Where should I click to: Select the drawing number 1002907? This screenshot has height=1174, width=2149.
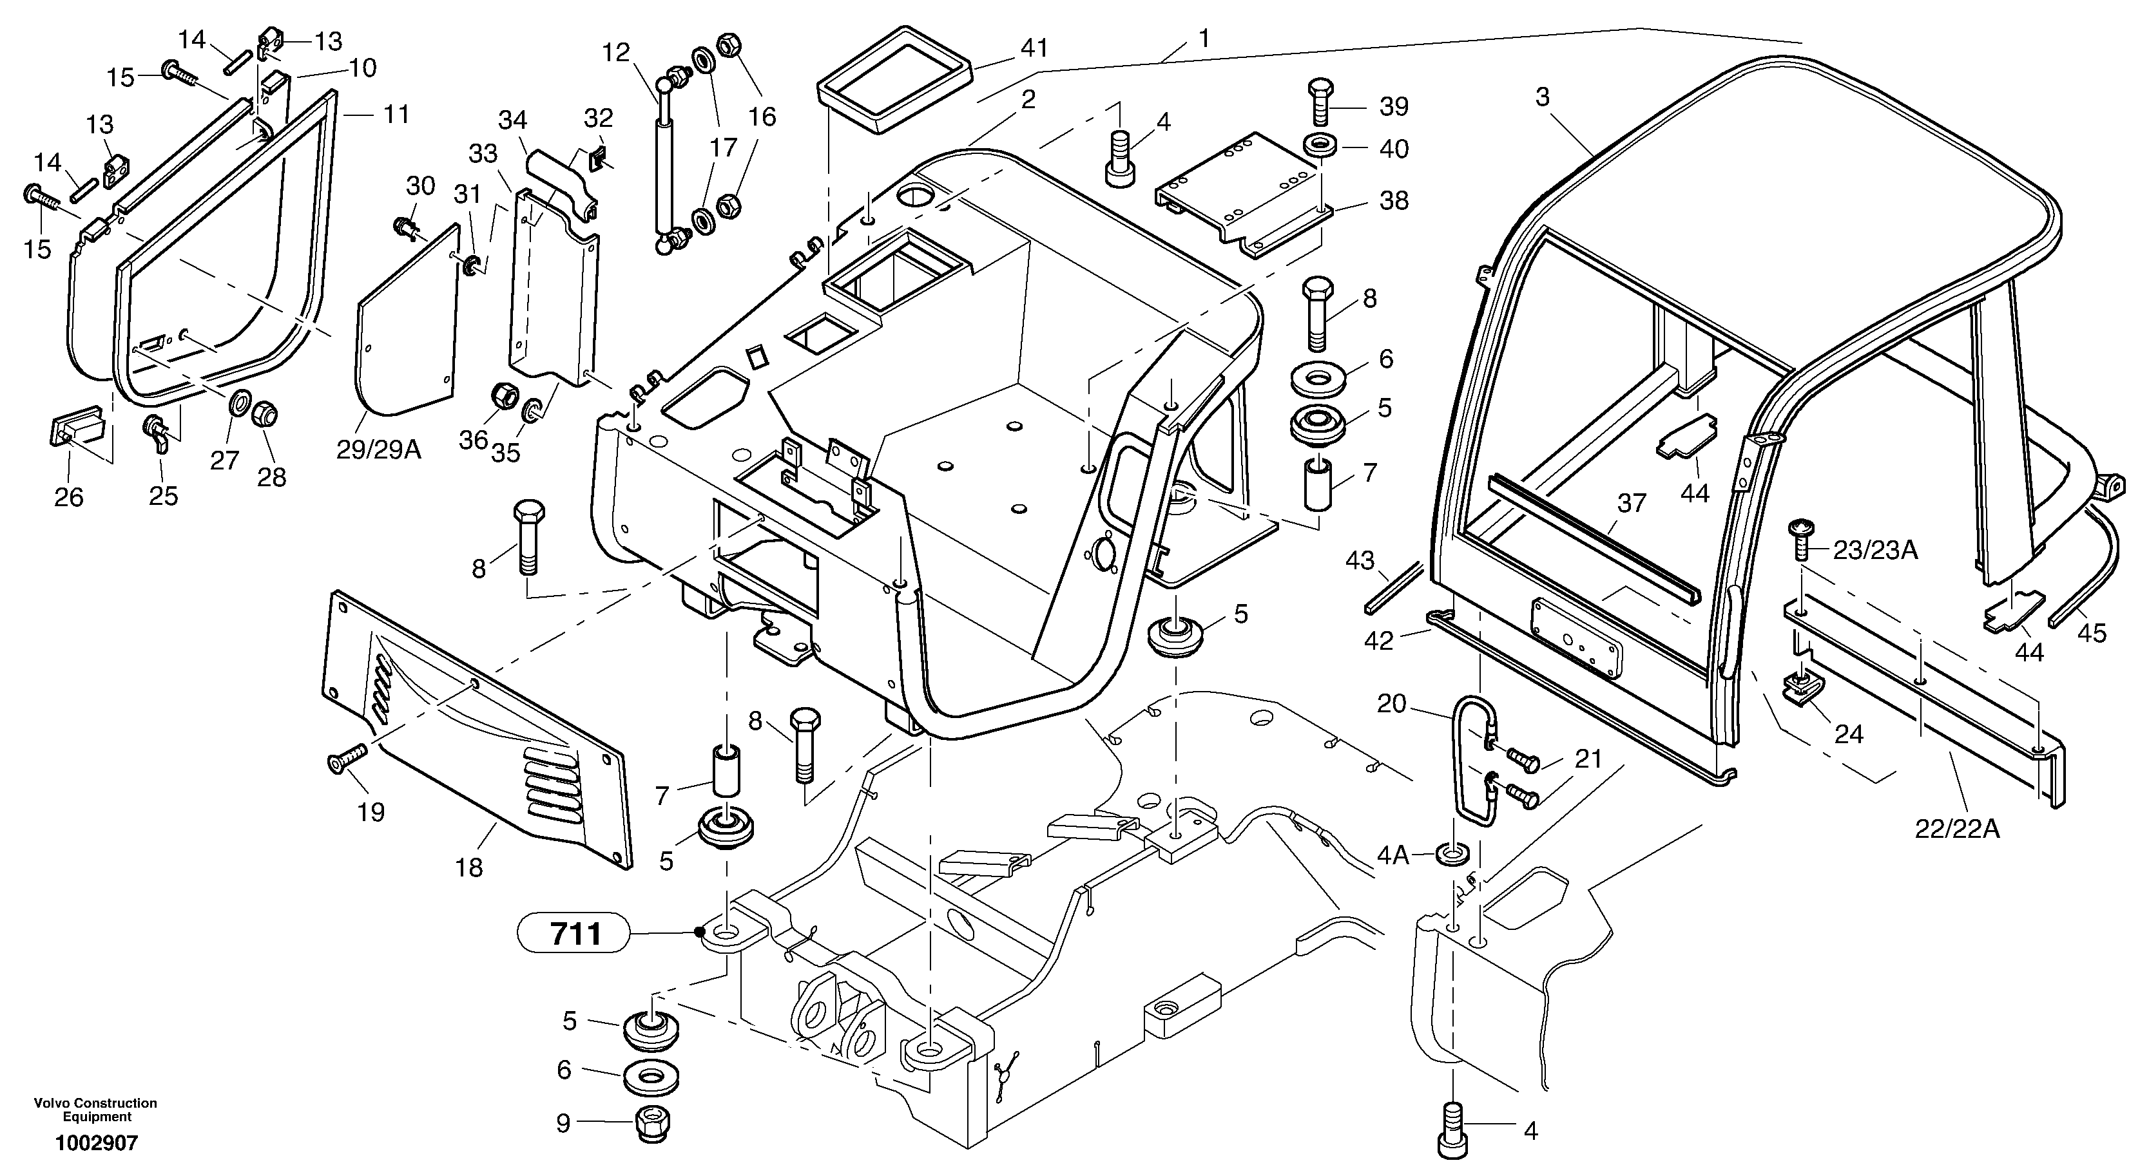tap(97, 1144)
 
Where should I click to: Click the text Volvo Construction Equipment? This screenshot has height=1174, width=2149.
tap(96, 1110)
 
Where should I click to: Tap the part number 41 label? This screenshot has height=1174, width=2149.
tap(1034, 48)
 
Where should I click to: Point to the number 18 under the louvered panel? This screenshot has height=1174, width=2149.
tap(470, 867)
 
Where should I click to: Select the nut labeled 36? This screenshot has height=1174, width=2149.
tap(504, 397)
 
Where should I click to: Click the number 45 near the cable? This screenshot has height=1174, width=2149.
tap(2092, 634)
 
